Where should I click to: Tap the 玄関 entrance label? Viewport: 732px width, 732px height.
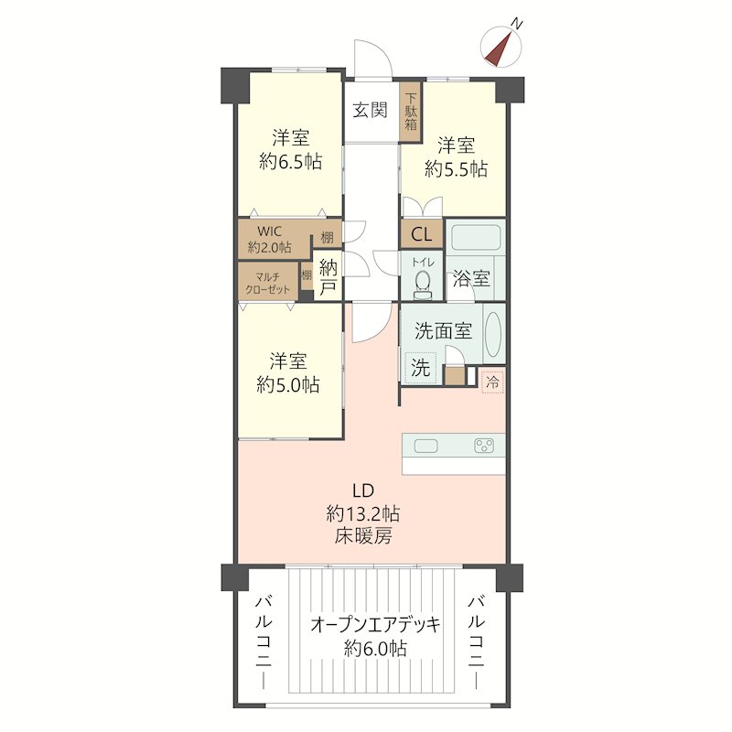coord(370,111)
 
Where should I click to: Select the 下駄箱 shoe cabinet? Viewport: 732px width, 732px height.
coord(411,112)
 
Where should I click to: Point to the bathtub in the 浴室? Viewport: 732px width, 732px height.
coord(476,237)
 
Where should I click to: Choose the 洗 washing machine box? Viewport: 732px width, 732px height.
coord(420,368)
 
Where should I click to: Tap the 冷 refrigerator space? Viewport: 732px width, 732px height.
coord(493,382)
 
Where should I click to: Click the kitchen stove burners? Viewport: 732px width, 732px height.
coord(484,446)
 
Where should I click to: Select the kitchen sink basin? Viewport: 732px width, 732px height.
coord(425,447)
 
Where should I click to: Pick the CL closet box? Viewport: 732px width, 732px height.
coord(422,234)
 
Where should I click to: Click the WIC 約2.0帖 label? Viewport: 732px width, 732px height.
coord(269,239)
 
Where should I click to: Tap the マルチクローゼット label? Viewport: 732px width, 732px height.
coord(268,284)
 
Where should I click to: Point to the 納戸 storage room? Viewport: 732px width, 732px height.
coord(328,276)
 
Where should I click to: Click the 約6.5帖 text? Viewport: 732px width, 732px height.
coord(290,162)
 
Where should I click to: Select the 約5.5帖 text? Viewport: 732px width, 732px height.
coord(456,168)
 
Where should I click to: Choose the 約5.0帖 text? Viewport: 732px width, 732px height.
coord(288,385)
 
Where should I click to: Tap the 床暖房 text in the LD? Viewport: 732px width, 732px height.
coord(362,536)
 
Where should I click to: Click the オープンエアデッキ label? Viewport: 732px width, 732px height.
coord(375,625)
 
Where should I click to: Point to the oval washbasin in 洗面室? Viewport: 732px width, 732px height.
coord(493,334)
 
